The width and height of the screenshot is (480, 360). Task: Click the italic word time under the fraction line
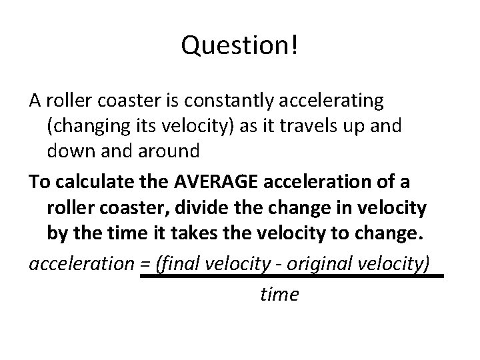[x=279, y=293]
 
